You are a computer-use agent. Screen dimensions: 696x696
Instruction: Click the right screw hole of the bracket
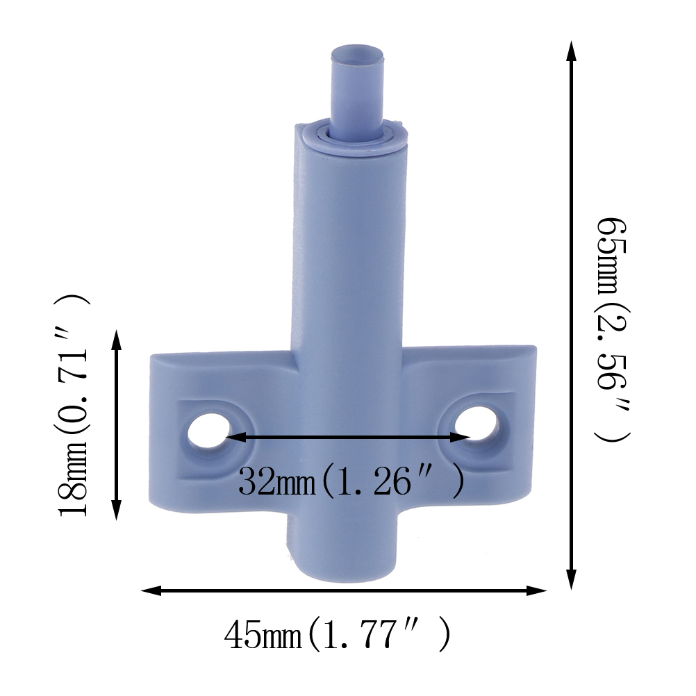point(477,423)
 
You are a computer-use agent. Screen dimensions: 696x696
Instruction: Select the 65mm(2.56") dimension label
point(613,329)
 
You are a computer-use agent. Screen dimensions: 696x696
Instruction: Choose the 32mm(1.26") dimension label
point(351,481)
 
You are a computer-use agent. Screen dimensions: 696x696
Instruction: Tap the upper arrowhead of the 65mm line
point(572,51)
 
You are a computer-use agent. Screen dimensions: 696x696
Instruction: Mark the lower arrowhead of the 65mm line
point(572,579)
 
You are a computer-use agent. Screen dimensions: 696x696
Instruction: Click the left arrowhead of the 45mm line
point(151,590)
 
